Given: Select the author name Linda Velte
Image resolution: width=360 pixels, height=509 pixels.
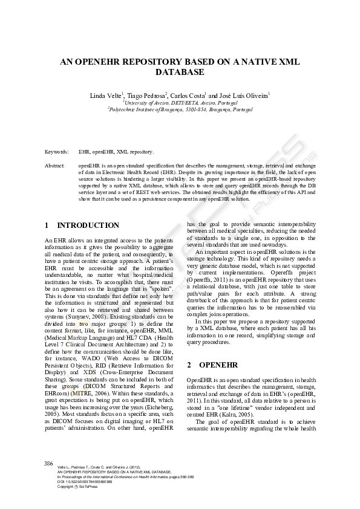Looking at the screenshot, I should coord(106,96).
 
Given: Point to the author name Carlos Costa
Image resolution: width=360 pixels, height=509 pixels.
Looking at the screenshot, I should coord(188,96).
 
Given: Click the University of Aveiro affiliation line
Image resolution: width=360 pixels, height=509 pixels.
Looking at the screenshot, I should coord(180,103).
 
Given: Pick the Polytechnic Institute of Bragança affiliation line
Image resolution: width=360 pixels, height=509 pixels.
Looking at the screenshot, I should coord(180,109).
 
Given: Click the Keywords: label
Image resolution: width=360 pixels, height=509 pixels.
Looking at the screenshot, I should coord(57,152).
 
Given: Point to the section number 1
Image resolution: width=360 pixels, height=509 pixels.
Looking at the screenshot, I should coord(47,225).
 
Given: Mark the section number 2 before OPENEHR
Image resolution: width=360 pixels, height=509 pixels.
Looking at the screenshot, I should coord(189,365).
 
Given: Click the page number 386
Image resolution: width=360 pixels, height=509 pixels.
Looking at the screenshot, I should coord(49,463).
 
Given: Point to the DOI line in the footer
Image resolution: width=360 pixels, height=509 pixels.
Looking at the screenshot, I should coord(85,481).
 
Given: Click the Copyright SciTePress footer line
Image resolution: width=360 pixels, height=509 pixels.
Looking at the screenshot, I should coord(77,487).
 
